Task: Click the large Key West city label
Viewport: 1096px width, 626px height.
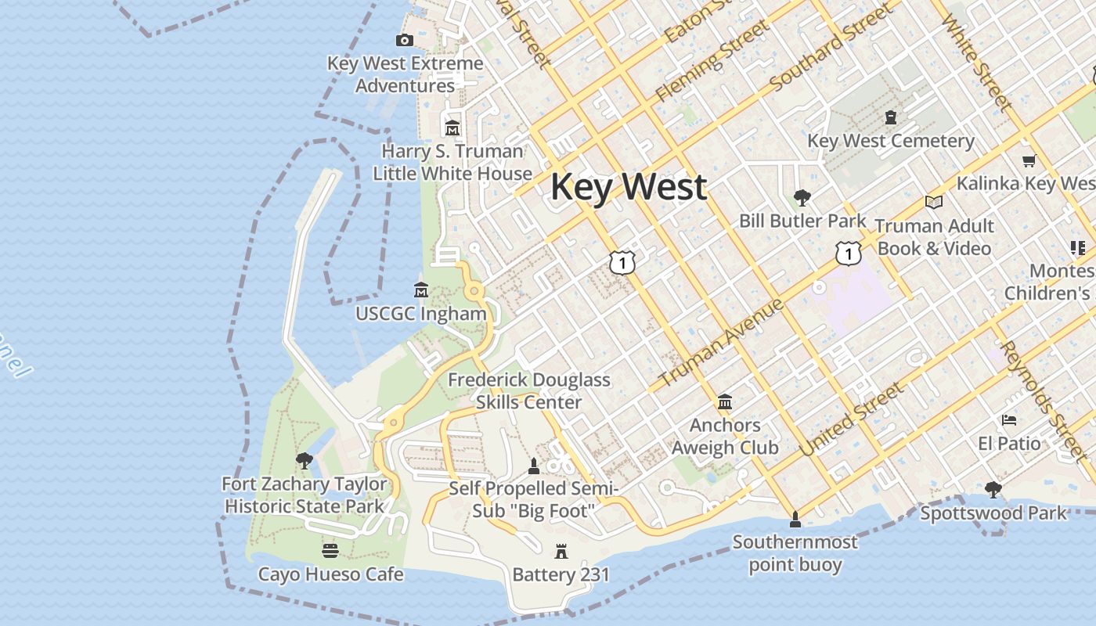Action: [x=629, y=187]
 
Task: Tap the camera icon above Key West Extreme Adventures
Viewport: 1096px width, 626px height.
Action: [x=405, y=41]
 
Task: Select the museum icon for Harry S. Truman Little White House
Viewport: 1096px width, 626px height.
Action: [x=452, y=128]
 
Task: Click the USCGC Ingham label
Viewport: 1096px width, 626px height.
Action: [x=420, y=314]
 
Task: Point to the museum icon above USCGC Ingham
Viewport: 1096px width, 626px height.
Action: [x=420, y=290]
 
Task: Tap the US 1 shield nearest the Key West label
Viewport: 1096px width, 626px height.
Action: [x=622, y=262]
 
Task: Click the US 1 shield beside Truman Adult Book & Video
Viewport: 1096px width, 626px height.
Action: [x=848, y=253]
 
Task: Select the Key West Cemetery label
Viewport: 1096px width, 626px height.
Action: [x=891, y=141]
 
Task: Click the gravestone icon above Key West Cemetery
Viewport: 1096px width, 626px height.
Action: [x=890, y=118]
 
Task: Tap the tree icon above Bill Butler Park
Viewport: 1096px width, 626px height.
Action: [x=802, y=197]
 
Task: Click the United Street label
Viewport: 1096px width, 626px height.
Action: [x=851, y=419]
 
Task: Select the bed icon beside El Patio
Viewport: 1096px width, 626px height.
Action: [x=1009, y=420]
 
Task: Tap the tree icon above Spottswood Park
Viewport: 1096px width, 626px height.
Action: [x=993, y=490]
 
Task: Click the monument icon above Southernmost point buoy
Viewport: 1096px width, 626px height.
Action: [x=795, y=519]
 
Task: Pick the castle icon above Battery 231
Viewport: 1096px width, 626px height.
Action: [x=561, y=551]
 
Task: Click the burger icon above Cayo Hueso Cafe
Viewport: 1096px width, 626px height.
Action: [x=330, y=550]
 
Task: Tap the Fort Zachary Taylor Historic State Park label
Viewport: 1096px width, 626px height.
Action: [x=305, y=495]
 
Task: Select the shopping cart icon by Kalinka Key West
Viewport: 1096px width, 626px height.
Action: [x=1029, y=160]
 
